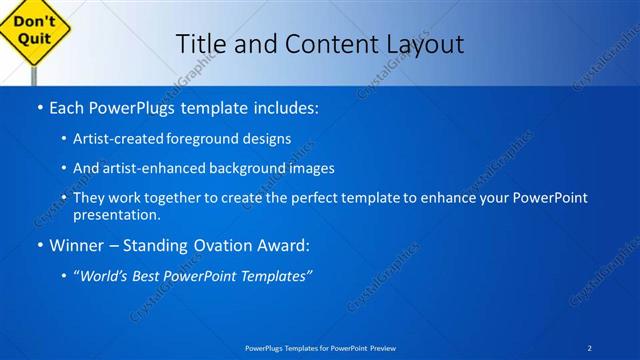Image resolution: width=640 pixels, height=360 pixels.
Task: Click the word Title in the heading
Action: [x=199, y=44]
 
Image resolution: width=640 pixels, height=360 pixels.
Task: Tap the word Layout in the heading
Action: [x=425, y=44]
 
